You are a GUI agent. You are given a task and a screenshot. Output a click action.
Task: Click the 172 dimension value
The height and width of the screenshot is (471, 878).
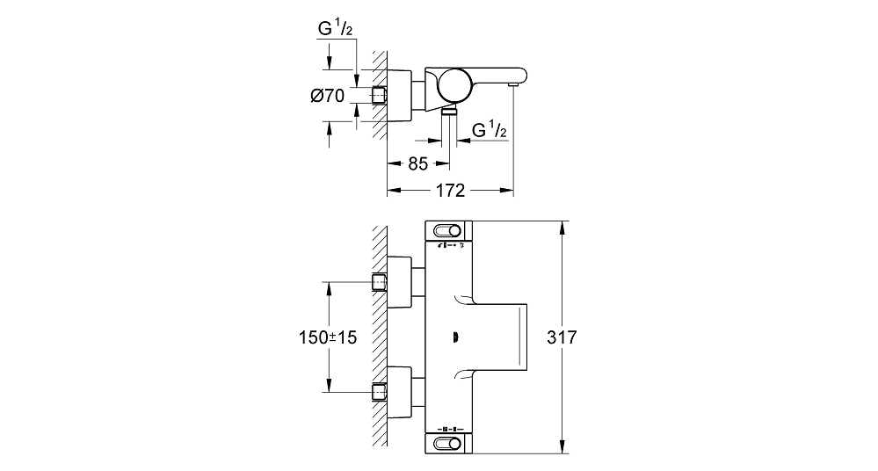tap(450, 191)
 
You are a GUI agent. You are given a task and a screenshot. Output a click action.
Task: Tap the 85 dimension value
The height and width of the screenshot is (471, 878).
tap(417, 163)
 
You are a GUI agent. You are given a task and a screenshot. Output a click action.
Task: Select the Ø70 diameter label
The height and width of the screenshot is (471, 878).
tap(328, 96)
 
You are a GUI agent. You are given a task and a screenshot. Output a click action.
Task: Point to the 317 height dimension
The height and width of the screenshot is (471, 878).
tap(562, 337)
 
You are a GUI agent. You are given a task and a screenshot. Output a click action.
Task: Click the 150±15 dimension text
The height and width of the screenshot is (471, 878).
tap(328, 337)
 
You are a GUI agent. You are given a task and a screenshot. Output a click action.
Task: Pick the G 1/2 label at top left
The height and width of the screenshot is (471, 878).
tap(335, 28)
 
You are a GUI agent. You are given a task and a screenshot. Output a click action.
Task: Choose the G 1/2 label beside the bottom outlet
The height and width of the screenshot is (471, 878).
tap(490, 130)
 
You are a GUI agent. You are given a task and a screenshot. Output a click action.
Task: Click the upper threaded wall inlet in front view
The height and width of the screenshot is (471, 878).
tap(380, 282)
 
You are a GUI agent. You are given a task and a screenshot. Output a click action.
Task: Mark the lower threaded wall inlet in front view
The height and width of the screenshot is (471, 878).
tap(380, 392)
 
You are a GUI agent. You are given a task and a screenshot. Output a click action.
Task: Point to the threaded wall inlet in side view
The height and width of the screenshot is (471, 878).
tap(380, 95)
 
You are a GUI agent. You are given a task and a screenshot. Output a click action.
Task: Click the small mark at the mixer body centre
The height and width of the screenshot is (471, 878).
tap(455, 337)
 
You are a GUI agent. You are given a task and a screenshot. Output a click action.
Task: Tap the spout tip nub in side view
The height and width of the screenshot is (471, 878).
tap(512, 84)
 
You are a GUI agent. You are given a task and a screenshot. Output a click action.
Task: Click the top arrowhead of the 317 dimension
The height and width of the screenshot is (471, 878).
tap(562, 226)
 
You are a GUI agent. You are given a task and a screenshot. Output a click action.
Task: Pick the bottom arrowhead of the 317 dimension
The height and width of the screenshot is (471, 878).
tap(562, 447)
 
